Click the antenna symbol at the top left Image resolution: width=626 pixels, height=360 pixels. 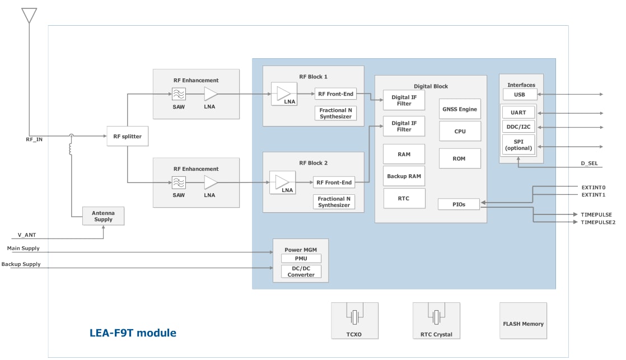29,15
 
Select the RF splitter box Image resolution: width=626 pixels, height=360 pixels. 128,137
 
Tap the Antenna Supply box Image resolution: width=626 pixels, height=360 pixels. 103,216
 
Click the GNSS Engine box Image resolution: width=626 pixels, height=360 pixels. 460,109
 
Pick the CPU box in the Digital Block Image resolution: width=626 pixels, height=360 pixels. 460,132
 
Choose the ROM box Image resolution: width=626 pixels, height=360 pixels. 459,158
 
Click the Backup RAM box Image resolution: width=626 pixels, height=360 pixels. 404,176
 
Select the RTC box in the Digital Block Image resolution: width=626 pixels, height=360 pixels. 404,199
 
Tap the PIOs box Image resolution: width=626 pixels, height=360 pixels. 459,204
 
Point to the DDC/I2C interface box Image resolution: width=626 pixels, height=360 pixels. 518,127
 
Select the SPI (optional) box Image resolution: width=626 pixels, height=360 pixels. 518,144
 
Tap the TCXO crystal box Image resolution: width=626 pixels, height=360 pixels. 354,321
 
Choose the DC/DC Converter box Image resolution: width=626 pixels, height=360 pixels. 301,272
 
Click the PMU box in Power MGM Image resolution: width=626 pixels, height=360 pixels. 301,259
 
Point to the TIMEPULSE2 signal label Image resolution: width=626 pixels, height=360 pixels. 597,222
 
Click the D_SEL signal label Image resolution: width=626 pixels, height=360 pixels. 590,163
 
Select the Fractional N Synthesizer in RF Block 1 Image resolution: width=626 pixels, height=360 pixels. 335,114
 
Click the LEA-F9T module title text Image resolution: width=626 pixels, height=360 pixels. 133,333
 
